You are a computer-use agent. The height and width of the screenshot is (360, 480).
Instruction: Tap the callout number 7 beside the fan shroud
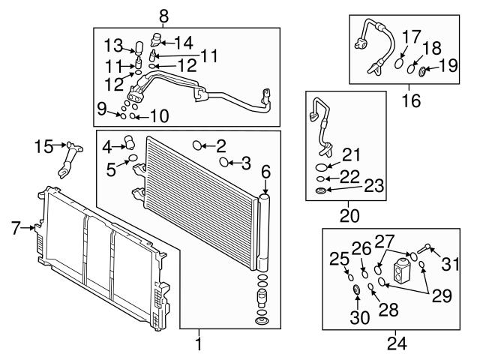point(14,226)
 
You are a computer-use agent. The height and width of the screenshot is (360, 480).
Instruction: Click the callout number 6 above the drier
point(265,172)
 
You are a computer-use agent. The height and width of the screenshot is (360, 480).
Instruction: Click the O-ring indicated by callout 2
point(198,145)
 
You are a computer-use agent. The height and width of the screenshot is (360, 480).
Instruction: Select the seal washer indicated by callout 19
point(421,71)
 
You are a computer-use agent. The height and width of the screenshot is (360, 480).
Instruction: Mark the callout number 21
point(350,155)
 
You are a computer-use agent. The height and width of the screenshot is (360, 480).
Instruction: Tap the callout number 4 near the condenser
point(106,145)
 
